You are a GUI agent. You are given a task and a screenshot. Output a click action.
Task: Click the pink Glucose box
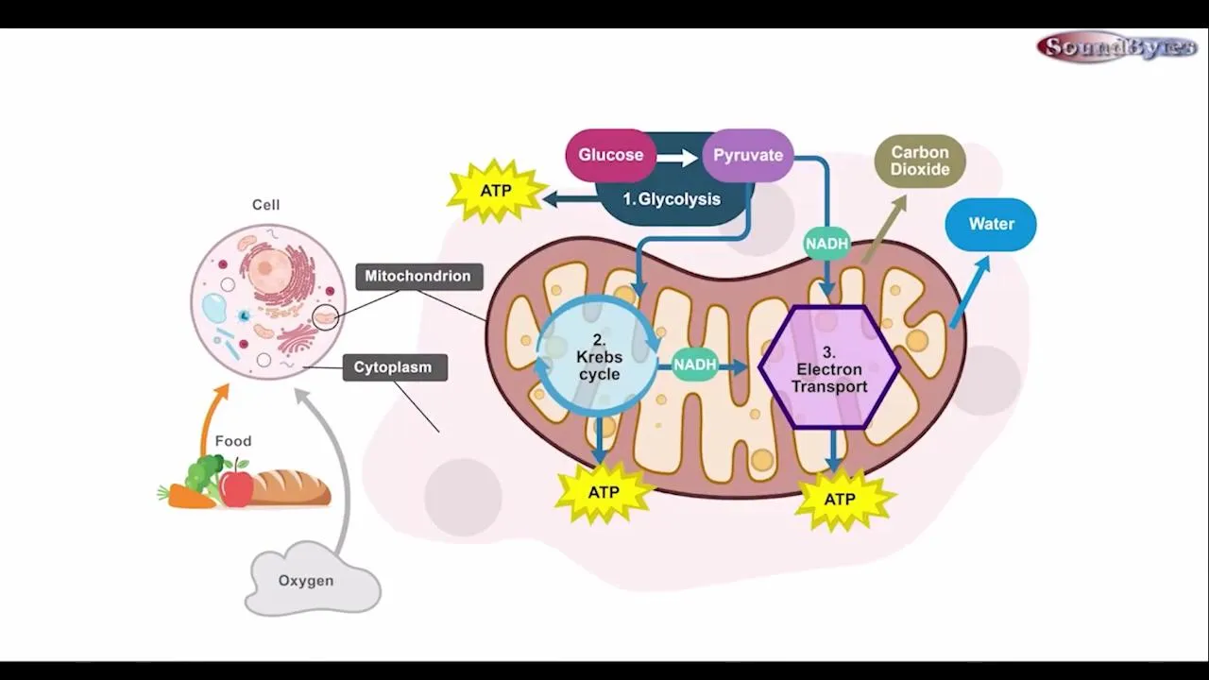pos(610,155)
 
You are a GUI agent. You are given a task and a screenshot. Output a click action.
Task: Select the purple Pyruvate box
pos(747,155)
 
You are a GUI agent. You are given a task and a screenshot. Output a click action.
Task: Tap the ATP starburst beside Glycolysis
pos(496,191)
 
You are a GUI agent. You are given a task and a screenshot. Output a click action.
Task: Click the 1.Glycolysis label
pos(672,199)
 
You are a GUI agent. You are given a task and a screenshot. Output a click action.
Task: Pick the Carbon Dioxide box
pos(920,161)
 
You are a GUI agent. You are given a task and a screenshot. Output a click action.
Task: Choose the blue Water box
pos(991,224)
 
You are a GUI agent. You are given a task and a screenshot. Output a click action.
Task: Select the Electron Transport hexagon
pos(829,367)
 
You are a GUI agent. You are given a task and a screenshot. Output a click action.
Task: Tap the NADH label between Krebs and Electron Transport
pos(695,365)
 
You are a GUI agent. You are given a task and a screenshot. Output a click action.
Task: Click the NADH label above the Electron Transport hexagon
pos(827,244)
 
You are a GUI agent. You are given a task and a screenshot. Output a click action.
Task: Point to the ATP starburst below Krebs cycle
pos(604,492)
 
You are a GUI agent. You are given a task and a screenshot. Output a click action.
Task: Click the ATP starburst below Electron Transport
pos(840,499)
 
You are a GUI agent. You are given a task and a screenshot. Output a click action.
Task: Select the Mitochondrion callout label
pos(418,277)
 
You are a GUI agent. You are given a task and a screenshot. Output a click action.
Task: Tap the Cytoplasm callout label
pos(394,367)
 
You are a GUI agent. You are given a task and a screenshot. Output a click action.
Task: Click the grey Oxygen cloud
pos(308,580)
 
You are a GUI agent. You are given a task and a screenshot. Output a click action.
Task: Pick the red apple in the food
pos(236,487)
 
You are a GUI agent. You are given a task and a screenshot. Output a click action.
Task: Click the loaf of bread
pos(289,487)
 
